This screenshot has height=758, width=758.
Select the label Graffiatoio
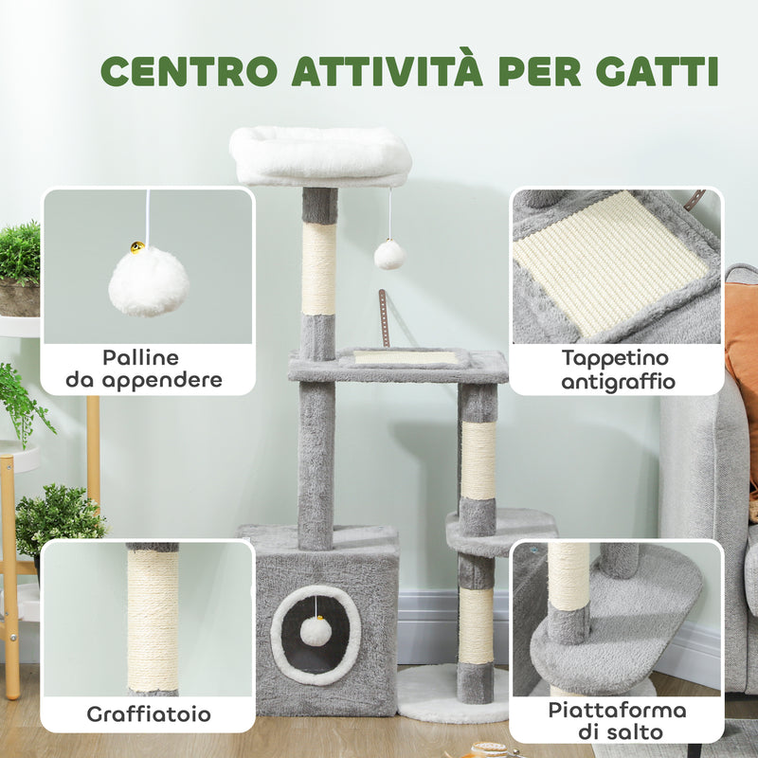[x=149, y=713]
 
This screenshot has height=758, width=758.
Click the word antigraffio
[x=616, y=382]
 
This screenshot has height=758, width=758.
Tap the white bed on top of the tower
[x=320, y=156]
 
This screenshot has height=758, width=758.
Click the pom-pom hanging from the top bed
[x=389, y=254]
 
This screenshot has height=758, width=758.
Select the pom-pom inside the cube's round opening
[x=316, y=630]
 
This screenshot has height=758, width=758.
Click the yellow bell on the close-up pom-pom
[x=138, y=248]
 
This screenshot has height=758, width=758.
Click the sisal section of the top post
[x=319, y=268]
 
